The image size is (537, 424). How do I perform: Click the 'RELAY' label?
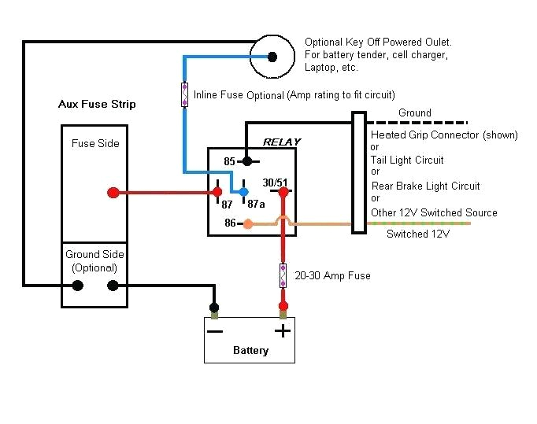pos(281,142)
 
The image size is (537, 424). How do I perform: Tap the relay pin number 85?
pos(230,161)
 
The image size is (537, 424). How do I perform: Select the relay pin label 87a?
pos(255,204)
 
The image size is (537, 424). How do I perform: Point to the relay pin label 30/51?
pos(275,183)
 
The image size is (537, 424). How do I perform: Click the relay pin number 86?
pos(230,223)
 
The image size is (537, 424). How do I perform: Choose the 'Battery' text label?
pos(250,350)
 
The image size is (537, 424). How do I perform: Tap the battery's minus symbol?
pos(214,330)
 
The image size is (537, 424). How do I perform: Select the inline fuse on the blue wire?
pos(185,94)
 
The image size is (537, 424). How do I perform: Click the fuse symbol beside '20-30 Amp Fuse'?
pos(283,276)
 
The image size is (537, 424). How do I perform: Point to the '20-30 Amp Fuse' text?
pos(332,276)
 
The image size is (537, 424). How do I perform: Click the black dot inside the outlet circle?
pos(272,57)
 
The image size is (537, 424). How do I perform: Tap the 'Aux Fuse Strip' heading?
pos(97,104)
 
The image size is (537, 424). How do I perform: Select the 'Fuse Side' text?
pos(95,143)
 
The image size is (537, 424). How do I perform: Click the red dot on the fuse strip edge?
pos(113,193)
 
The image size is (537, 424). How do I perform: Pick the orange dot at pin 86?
pos(248,224)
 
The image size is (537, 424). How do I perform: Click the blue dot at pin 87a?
pos(244,192)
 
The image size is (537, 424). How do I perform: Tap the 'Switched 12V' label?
pos(418,234)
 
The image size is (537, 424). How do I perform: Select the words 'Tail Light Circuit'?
pos(407,160)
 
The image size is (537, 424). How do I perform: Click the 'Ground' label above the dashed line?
pos(414,113)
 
